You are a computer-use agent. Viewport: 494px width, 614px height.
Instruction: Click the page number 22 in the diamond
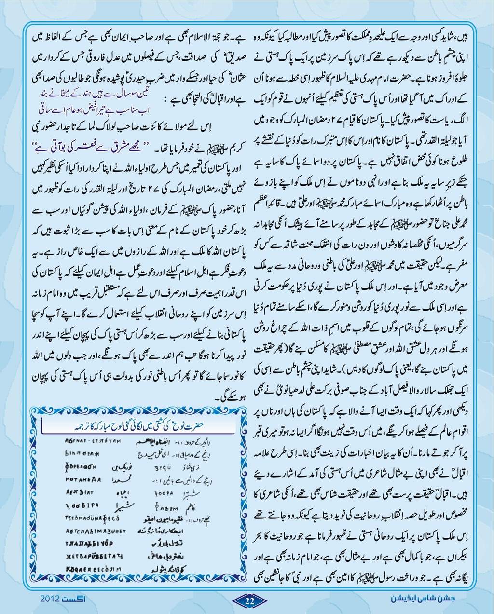(249, 600)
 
